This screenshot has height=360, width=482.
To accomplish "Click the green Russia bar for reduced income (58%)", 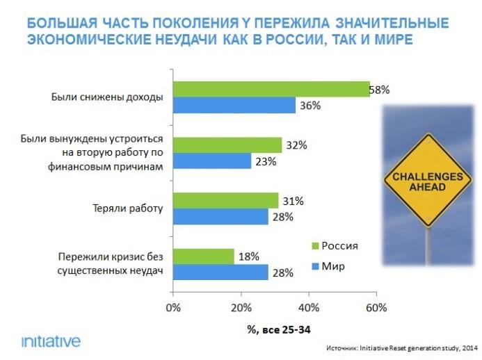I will point(271,89).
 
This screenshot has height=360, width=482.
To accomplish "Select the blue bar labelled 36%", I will point(234,106).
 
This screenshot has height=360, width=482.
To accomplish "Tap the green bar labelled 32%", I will point(227,145).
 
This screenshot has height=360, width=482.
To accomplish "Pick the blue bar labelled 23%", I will point(212,161).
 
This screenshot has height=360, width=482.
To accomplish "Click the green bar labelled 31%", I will point(225,200).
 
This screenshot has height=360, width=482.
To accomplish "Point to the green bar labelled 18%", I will point(204,256).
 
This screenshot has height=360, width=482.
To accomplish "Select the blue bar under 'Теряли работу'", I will point(220,217).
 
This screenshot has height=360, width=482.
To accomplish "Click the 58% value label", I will point(380,90).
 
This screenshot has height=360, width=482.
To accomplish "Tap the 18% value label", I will point(248,256).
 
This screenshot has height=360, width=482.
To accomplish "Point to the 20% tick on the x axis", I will point(241,306).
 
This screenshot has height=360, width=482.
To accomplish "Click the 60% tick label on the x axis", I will point(376,306).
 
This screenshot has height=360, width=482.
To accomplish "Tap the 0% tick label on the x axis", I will point(173,306).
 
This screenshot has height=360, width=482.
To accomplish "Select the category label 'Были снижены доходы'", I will point(106,97).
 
